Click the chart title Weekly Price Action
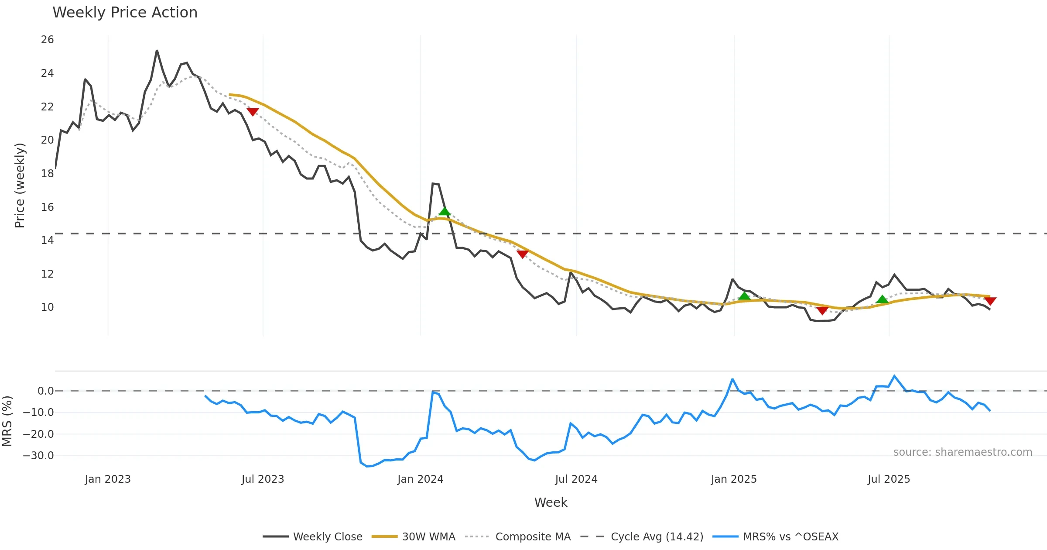125,13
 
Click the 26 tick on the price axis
47,40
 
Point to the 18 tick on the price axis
47,173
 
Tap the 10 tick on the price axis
47,307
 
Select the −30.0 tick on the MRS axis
38,456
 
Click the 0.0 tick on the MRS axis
45,391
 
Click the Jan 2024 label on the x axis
420,479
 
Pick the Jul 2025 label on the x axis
889,479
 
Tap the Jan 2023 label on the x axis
108,479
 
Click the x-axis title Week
551,502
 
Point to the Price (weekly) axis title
20,186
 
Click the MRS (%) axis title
7,421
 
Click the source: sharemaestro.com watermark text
962,452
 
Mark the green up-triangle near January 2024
444,212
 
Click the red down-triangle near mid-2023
253,112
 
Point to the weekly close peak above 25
157,51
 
